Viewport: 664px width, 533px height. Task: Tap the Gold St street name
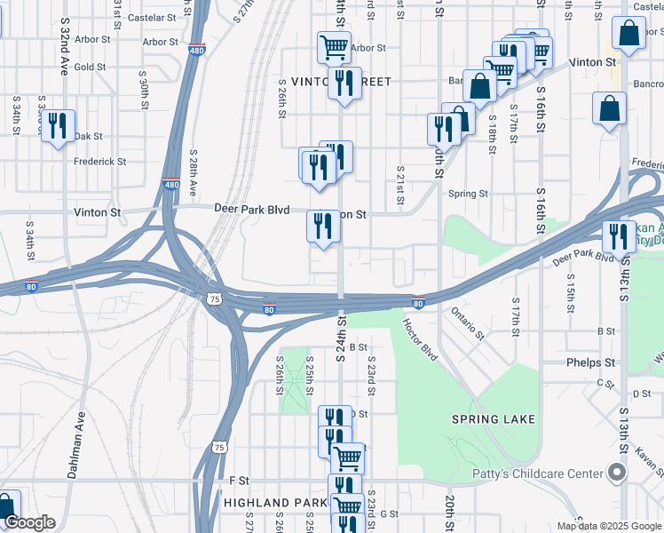pyautogui.click(x=90, y=67)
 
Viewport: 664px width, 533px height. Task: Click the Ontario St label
pyautogui.click(x=468, y=322)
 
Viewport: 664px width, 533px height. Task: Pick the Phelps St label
pyautogui.click(x=591, y=362)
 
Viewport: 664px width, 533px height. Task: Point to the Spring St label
pyautogui.click(x=469, y=194)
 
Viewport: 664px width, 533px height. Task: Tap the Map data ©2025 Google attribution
pyautogui.click(x=609, y=526)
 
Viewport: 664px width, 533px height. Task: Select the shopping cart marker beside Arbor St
pyautogui.click(x=333, y=45)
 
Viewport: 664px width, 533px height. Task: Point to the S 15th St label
pyautogui.click(x=571, y=287)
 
